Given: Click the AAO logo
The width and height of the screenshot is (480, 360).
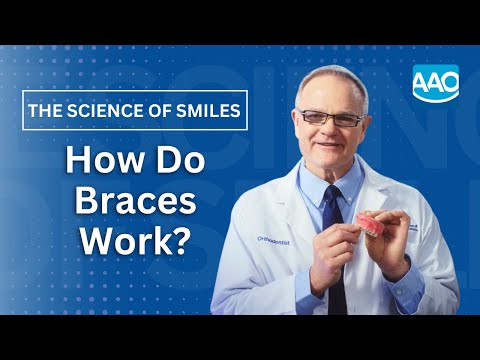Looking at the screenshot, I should (x=435, y=81).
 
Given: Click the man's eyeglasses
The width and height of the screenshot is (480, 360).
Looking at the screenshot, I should (x=331, y=118).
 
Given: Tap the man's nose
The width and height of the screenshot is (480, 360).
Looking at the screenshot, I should (x=333, y=130).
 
